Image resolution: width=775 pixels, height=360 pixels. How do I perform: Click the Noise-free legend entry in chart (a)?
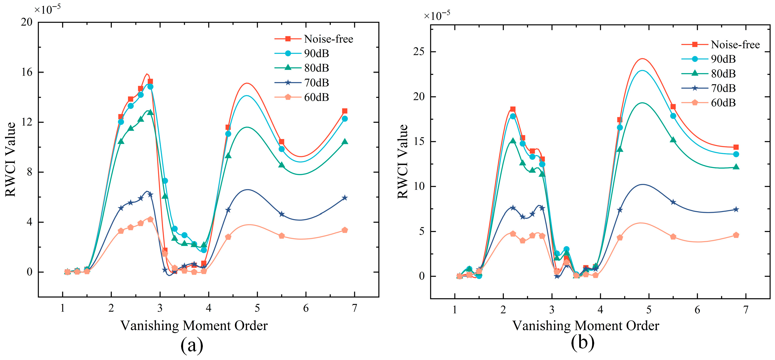point(314,39)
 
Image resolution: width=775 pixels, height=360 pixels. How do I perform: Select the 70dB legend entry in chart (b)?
point(708,88)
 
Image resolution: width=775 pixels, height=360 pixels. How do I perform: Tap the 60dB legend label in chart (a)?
point(317,97)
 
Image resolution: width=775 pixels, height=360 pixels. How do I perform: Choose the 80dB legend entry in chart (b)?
point(708,73)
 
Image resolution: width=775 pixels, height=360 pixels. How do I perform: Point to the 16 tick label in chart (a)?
point(26,72)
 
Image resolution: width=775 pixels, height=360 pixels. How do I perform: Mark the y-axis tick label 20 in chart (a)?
point(26,22)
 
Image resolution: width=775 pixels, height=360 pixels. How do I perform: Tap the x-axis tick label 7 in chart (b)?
point(746,310)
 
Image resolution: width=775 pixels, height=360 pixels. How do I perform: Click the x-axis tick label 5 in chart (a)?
point(257,308)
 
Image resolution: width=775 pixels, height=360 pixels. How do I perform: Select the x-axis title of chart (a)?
point(194,325)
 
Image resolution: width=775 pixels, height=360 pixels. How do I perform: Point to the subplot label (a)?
point(192,345)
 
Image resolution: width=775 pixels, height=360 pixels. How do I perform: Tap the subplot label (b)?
point(582,343)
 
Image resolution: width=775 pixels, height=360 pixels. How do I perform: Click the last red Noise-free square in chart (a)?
point(345,111)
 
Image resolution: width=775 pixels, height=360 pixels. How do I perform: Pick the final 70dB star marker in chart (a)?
point(345,198)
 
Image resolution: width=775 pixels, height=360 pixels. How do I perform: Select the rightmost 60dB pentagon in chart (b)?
point(736,235)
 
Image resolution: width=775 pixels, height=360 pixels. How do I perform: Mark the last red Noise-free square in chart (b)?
point(736,147)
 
